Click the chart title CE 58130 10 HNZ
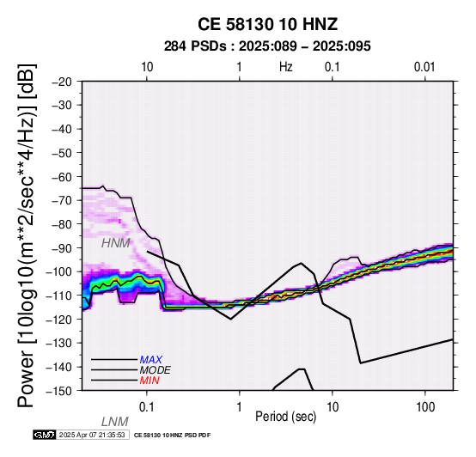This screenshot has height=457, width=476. click(267, 24)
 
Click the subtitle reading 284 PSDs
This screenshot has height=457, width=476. click(195, 46)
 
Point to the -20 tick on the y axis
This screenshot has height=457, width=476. click(62, 82)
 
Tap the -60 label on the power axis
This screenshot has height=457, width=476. click(62, 177)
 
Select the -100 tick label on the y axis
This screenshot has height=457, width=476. click(59, 272)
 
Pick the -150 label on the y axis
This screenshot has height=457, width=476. click(59, 391)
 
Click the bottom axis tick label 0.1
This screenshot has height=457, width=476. click(147, 407)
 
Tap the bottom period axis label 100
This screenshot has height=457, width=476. click(425, 407)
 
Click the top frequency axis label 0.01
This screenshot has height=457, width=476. click(424, 67)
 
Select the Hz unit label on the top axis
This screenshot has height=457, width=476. click(286, 67)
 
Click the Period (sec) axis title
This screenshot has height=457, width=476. click(285, 417)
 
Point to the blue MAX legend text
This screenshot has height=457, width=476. click(151, 360)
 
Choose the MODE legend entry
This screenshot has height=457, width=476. click(156, 370)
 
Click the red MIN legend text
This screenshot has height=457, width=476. click(150, 381)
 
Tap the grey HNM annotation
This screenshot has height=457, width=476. click(116, 243)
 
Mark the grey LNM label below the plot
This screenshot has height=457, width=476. click(115, 422)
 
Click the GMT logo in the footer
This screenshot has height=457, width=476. click(45, 435)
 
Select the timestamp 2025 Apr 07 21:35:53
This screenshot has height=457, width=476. click(92, 435)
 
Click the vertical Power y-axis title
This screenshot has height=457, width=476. click(27, 235)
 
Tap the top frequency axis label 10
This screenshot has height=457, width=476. click(147, 67)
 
